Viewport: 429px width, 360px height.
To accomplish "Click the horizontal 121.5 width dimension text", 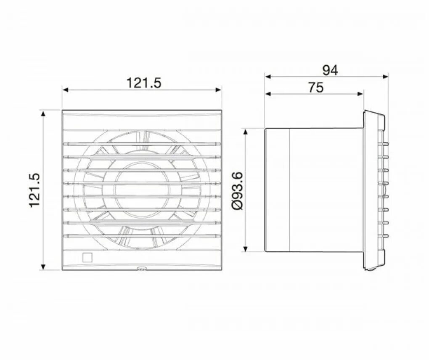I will pyautogui.click(x=144, y=83).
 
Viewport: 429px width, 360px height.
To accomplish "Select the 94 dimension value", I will pyautogui.click(x=330, y=70).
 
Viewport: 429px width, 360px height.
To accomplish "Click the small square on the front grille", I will pyautogui.click(x=87, y=257).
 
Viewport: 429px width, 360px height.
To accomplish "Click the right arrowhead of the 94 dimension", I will pyautogui.click(x=386, y=77).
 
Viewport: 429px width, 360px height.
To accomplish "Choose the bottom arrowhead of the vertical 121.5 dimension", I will pyautogui.click(x=42, y=267).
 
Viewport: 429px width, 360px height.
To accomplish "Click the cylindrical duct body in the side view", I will pyautogui.click(x=313, y=189).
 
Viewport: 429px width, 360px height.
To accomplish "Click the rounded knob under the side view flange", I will pyautogui.click(x=370, y=267).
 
